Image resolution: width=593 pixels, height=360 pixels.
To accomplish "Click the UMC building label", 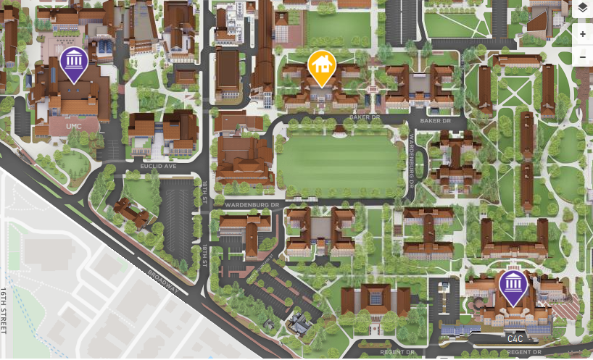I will pyautogui.click(x=73, y=126).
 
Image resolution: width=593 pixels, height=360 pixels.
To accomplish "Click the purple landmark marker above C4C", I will pyautogui.click(x=513, y=286).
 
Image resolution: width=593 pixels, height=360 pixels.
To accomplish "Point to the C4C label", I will pyautogui.click(x=515, y=338).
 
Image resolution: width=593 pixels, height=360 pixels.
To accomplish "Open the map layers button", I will pyautogui.click(x=583, y=9).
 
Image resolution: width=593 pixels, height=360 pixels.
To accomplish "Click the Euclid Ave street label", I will pyautogui.click(x=158, y=166).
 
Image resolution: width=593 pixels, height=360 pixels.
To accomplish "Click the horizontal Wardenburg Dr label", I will pyautogui.click(x=252, y=205).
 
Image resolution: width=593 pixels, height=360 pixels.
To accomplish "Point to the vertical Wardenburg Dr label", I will pyautogui.click(x=410, y=162).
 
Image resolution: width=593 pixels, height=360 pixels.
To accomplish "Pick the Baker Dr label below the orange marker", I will pyautogui.click(x=364, y=117).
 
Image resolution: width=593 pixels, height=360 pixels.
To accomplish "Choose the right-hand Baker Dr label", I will pyautogui.click(x=435, y=120).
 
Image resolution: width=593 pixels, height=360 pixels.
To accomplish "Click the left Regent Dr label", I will pyautogui.click(x=397, y=352).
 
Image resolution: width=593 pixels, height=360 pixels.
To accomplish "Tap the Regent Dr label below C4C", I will pyautogui.click(x=524, y=352).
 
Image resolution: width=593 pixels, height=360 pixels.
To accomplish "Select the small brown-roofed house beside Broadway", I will pyautogui.click(x=131, y=211).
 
